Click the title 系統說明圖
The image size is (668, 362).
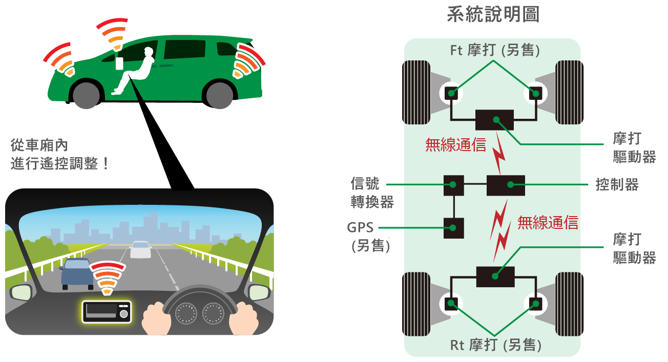point(493,14)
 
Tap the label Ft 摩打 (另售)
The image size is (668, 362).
point(495,50)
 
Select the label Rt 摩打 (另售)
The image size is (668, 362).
point(495,345)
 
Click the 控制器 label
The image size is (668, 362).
point(617,184)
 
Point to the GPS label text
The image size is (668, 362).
point(360,227)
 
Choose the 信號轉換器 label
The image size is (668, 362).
point(372,193)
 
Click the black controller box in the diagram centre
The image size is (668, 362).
point(506,185)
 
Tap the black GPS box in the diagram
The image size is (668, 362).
point(453,228)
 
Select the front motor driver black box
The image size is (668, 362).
point(494,120)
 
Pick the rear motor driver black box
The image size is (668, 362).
point(495,276)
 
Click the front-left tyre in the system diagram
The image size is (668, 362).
point(416,93)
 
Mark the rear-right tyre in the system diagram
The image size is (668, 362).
point(569,304)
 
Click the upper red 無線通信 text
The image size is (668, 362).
point(456,145)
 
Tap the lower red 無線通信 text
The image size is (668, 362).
point(548,223)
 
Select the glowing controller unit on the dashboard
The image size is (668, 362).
point(107,312)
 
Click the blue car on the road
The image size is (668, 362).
point(77,274)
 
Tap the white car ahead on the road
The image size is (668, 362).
point(140,249)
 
